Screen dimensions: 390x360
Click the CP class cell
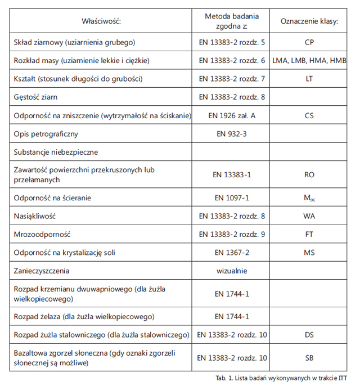point(309,42)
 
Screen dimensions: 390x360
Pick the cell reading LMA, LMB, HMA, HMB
point(309,60)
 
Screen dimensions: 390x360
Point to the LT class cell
point(309,79)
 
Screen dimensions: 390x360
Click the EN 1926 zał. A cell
point(232,116)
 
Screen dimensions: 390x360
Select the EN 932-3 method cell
point(232,134)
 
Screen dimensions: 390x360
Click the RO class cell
point(309,175)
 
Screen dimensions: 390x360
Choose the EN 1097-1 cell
point(232,198)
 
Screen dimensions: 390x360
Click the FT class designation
point(309,234)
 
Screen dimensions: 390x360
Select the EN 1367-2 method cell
point(232,253)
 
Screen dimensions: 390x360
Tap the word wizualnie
point(232,271)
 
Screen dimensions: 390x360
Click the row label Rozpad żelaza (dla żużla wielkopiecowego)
point(84,317)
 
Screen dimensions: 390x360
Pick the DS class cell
point(309,335)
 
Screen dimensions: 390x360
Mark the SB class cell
point(309,358)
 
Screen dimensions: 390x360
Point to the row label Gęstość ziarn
point(38,97)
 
